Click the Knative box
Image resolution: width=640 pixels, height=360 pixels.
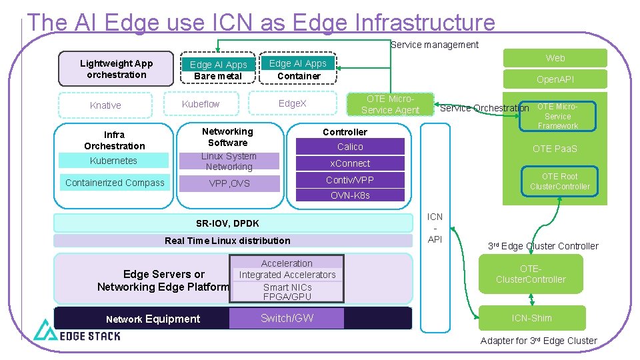point(105,105)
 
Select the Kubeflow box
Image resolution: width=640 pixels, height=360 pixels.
point(201,104)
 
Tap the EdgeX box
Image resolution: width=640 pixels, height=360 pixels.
point(292,104)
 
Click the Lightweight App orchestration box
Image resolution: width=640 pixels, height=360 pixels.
point(116,69)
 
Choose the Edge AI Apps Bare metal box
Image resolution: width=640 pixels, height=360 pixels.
point(218,70)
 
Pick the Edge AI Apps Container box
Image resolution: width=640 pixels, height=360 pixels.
point(298,69)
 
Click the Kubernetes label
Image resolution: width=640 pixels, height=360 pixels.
point(113,161)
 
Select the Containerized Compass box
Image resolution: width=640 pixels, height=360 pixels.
point(115,183)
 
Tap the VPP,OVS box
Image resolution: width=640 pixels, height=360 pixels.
point(229,183)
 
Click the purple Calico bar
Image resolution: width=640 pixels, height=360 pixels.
point(350,147)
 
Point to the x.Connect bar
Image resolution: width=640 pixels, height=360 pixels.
point(350,163)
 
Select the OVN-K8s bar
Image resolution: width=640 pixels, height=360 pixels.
point(350,195)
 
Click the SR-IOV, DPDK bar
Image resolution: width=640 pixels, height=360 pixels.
point(227,223)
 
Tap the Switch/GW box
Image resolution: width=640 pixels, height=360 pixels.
point(287,318)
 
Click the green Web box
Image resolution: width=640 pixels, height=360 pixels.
point(555,58)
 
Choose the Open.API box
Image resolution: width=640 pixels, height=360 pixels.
point(555,79)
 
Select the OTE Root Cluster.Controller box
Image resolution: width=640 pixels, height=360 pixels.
point(559,181)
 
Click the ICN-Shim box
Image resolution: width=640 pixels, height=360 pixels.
point(531,318)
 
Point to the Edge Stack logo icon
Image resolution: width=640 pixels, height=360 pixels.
point(46,330)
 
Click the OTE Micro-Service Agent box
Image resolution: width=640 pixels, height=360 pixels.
point(390,105)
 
